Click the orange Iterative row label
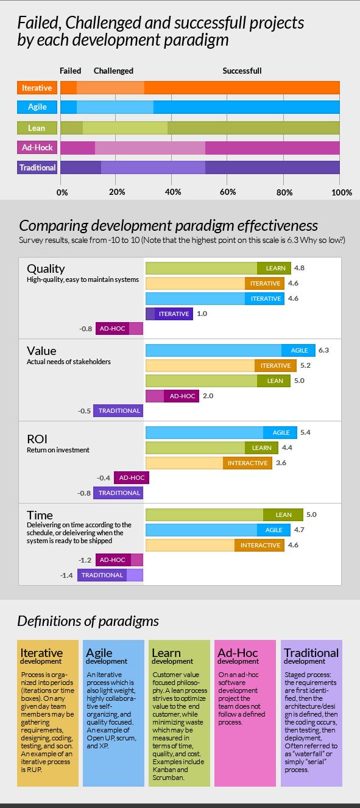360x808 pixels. (37, 88)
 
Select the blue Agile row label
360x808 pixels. (37, 108)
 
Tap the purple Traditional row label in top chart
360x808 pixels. (37, 167)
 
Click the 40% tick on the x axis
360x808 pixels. (173, 192)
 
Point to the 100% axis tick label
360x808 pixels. (341, 192)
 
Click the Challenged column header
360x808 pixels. (113, 71)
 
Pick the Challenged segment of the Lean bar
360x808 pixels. (125, 128)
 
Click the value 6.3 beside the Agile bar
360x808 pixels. (323, 351)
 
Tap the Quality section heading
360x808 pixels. (46, 269)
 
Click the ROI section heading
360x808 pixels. (37, 439)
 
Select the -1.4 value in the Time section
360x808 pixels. (68, 575)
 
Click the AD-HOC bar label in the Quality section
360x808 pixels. (112, 329)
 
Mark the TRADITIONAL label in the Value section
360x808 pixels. (119, 411)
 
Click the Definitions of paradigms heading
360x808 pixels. (88, 621)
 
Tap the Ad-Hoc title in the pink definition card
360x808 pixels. (235, 652)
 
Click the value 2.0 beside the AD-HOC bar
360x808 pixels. (208, 396)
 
